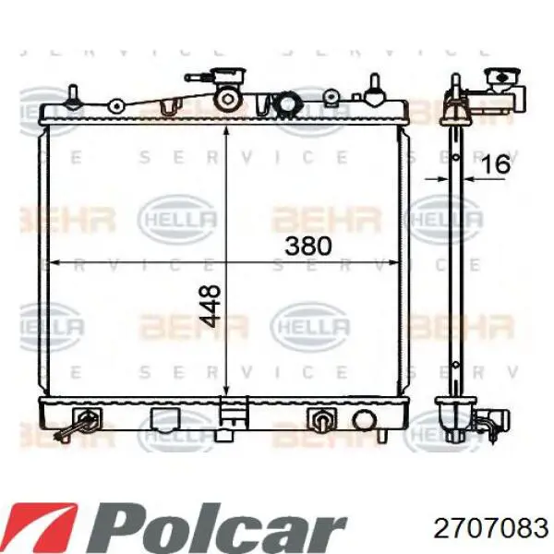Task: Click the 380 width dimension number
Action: (308, 246)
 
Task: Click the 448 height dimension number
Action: (210, 306)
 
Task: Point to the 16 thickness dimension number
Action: (496, 163)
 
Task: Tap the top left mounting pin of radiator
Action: (73, 96)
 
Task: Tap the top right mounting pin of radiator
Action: (375, 90)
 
